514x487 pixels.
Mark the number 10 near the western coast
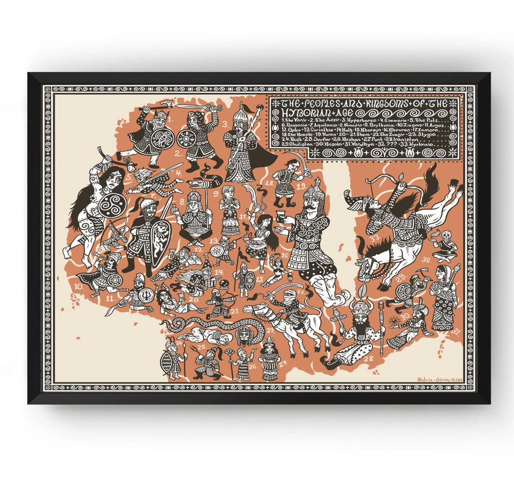pos(79,286)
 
